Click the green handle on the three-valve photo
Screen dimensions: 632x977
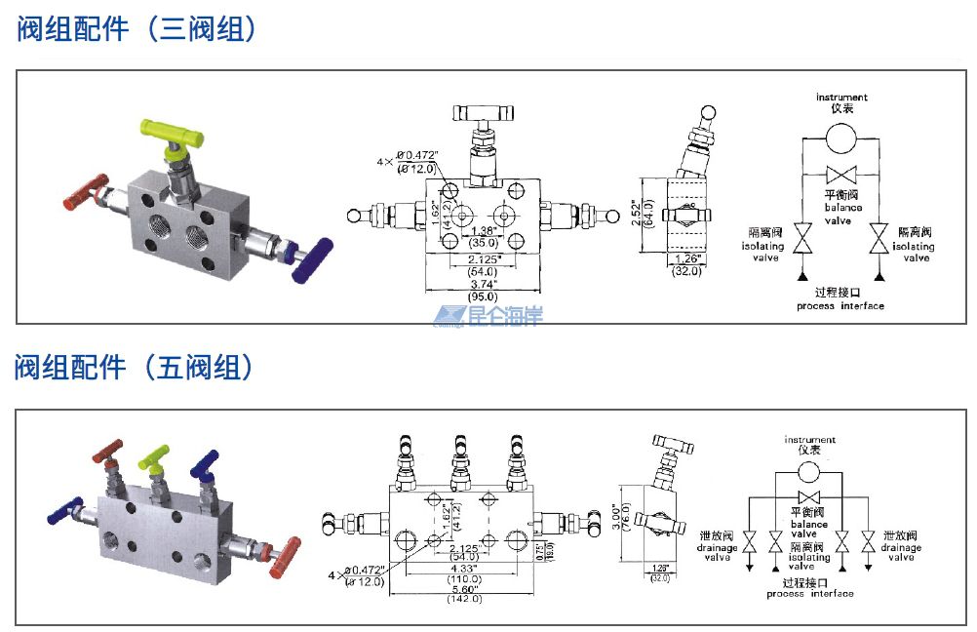[x=171, y=129]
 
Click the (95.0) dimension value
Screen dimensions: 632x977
[x=483, y=296]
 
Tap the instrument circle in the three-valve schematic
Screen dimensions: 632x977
[x=841, y=138]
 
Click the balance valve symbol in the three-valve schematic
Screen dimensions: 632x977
[x=841, y=176]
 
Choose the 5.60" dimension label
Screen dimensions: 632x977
[x=463, y=587]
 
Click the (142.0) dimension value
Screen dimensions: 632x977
[x=463, y=599]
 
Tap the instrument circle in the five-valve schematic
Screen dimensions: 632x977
[x=808, y=473]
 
